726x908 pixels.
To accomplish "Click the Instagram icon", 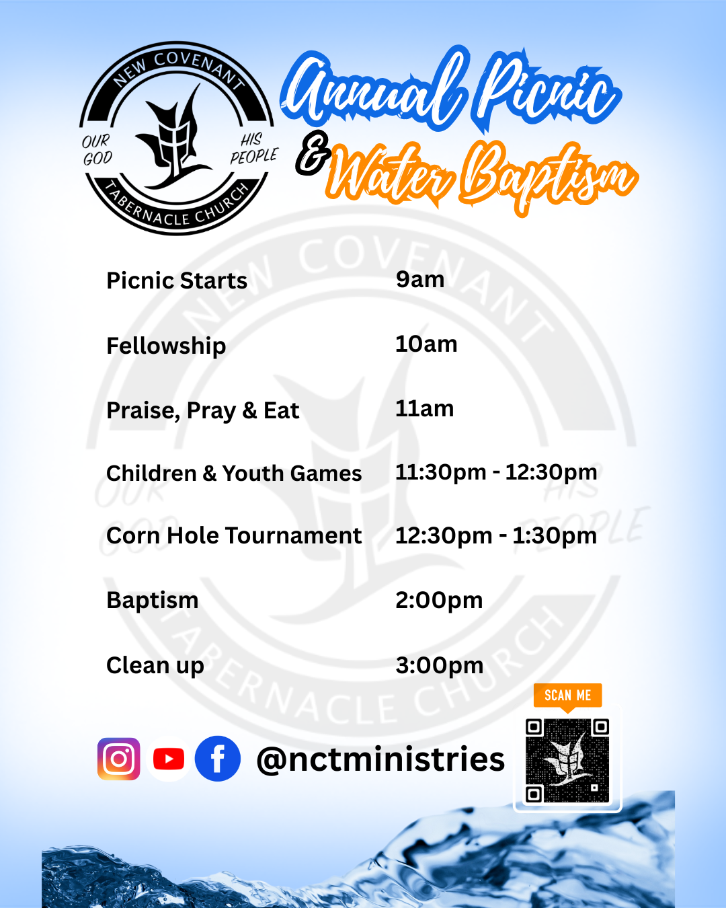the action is pos(118,759).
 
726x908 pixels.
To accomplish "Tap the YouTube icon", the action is pos(168,759).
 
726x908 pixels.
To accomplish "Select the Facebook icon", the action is pos(218,759).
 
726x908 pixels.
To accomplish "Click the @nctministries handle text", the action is pos(380,759).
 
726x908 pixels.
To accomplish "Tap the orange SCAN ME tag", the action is pos(568,695).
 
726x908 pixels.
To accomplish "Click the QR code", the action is pos(567,760).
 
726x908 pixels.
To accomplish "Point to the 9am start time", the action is pos(420,280).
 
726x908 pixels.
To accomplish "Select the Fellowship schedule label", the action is pos(166,346).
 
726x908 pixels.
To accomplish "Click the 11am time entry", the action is pos(424,409).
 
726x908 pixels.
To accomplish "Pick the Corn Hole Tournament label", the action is pos(234,535).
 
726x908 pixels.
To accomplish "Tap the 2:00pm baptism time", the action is pos(439,601).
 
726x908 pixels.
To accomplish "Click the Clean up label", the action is pos(155,666).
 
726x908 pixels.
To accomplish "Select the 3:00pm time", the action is pos(439,666).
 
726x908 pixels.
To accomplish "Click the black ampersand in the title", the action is pos(313,153).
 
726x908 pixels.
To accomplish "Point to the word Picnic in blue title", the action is pos(549,91).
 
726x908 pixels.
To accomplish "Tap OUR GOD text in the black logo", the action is pos(97,150).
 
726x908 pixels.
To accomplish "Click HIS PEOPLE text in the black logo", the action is pos(253,148).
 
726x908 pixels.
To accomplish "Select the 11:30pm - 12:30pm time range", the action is pos(496,473).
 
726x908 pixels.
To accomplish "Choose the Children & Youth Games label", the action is pos(234,473).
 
